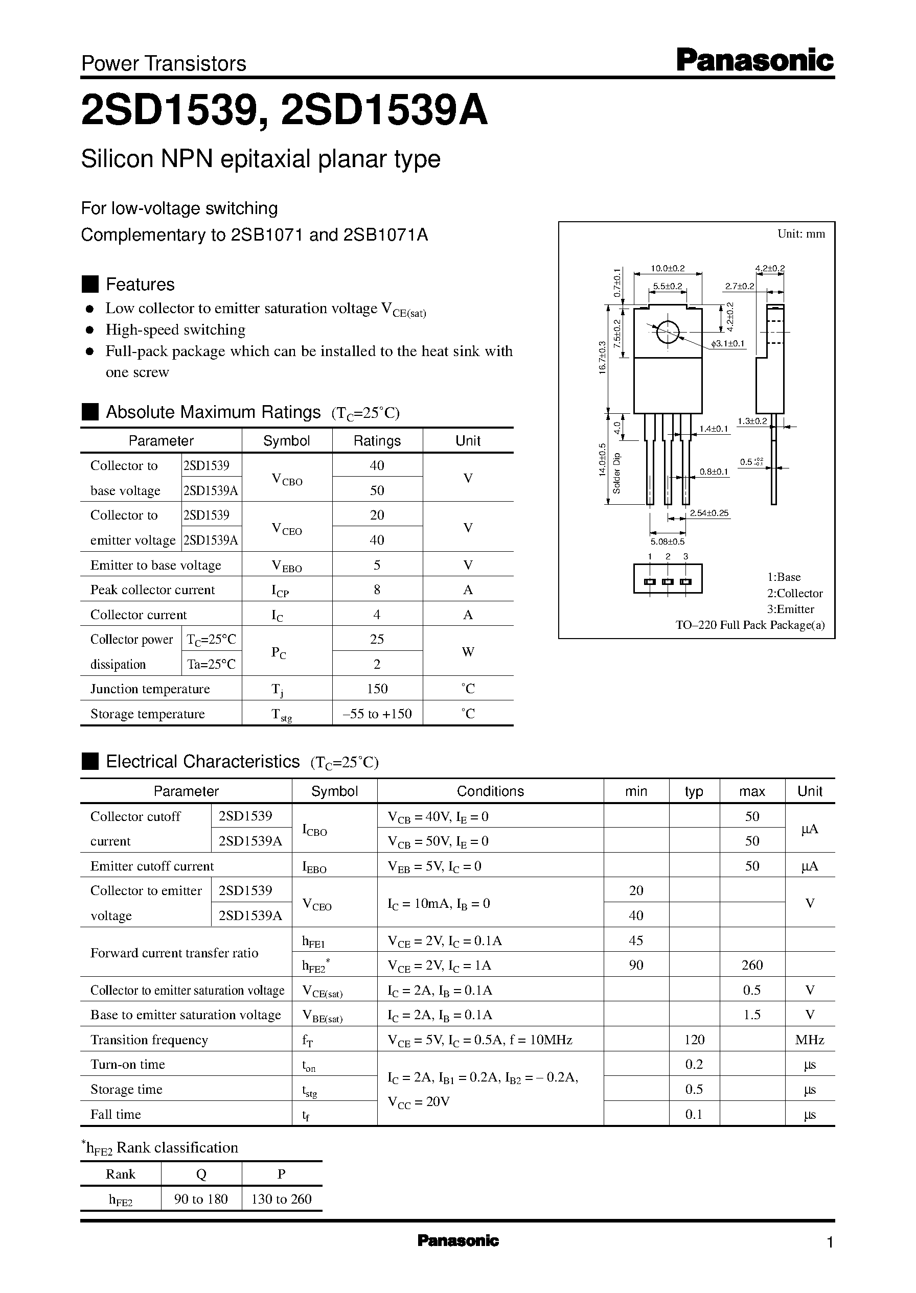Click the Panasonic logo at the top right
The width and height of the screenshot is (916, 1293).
pos(754,60)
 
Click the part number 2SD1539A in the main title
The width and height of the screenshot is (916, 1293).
pos(383,110)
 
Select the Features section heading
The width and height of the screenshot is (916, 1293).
pos(140,284)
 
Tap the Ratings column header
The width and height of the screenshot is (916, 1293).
pos(377,441)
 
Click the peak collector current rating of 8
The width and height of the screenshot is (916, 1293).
pos(377,590)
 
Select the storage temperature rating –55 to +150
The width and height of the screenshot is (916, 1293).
pos(377,714)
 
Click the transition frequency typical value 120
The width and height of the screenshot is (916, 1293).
pos(694,1040)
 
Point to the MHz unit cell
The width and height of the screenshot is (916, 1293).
pos(809,1040)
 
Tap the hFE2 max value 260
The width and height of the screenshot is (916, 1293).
pos(752,965)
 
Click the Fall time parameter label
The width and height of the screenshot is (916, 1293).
pos(116,1114)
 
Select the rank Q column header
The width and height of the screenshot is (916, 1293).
pos(201,1174)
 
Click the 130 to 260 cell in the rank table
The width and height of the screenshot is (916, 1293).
pos(281,1199)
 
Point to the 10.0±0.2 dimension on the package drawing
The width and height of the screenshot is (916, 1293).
pos(667,269)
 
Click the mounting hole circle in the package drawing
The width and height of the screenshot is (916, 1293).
pos(667,332)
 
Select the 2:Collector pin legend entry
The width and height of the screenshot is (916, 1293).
pos(794,593)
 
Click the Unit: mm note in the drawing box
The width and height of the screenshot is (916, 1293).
pos(801,234)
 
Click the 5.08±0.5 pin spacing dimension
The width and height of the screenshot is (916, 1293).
pos(667,542)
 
